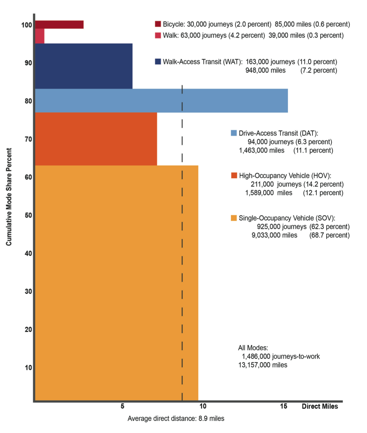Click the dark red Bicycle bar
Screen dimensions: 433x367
[59, 24]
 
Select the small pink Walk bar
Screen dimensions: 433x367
[40, 36]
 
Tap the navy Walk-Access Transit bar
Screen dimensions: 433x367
[84, 66]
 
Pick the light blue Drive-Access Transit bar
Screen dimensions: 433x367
[161, 100]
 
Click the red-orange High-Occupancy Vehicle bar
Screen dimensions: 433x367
[96, 138]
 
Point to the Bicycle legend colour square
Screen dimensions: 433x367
[158, 24]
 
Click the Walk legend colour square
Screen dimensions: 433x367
[158, 35]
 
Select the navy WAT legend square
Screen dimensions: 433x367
[158, 62]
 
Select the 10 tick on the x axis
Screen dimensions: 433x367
[203, 406]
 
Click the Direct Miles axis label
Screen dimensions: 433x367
[319, 406]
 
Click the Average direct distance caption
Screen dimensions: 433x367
[176, 419]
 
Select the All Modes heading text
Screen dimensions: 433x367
[253, 348]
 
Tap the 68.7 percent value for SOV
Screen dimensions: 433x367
[329, 235]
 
